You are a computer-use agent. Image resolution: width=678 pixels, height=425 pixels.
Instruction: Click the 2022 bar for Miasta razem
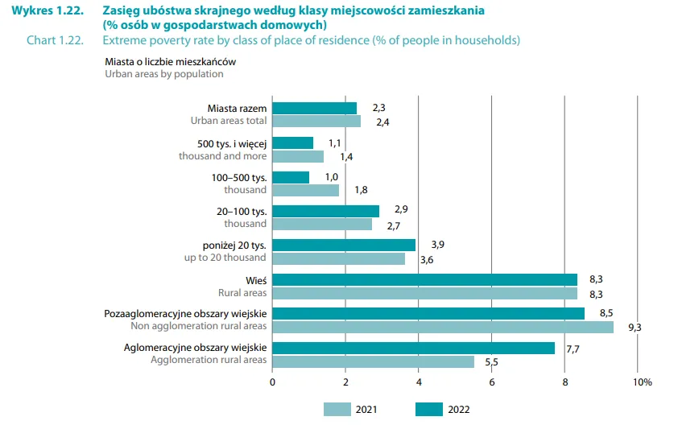click(x=314, y=109)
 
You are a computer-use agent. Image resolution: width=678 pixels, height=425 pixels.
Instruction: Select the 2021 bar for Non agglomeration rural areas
click(x=443, y=327)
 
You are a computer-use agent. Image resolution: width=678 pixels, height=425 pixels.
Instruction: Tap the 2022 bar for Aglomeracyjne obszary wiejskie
click(x=413, y=348)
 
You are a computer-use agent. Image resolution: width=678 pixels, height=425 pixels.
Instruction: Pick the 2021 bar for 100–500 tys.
click(x=305, y=190)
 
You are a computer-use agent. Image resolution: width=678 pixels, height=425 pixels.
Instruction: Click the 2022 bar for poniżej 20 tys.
click(x=344, y=245)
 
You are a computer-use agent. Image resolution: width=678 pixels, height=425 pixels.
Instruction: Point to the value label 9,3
click(x=635, y=327)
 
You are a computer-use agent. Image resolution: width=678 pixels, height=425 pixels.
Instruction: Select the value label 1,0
click(x=331, y=176)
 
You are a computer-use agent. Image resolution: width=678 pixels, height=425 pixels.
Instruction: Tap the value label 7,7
click(x=573, y=349)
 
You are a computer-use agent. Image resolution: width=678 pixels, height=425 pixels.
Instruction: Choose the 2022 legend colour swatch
click(x=440, y=409)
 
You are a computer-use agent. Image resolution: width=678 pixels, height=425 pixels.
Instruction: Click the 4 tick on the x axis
click(x=419, y=382)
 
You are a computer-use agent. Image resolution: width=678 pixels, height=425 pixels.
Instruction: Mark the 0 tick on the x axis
click(x=273, y=382)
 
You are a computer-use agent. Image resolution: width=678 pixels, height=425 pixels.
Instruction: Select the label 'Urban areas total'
click(x=229, y=121)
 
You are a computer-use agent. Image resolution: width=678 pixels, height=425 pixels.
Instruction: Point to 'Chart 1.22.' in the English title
click(x=55, y=39)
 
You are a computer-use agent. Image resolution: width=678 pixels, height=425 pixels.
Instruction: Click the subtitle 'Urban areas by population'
click(x=164, y=73)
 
